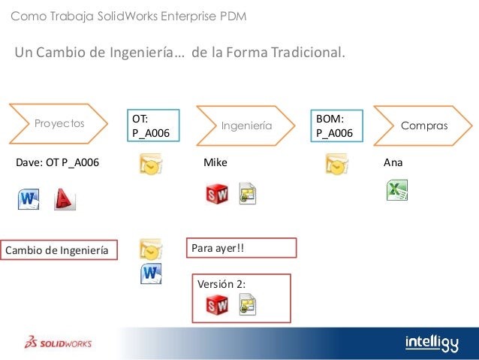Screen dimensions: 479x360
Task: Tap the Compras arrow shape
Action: coord(422,124)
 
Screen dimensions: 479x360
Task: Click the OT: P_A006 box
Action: coord(152,126)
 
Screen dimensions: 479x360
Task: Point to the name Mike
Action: coord(215,162)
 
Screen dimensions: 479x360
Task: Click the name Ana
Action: coord(392,162)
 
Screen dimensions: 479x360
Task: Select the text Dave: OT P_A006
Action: coord(58,162)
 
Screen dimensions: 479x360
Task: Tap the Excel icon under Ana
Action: coord(397,191)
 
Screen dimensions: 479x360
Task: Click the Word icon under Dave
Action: coord(29,199)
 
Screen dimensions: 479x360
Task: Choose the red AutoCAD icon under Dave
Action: coord(65,199)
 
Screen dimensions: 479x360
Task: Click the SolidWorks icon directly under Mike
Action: coord(218,193)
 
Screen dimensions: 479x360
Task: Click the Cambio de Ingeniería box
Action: coord(61,250)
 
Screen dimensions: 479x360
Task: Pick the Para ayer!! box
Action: coord(241,247)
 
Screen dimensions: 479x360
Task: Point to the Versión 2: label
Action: coord(221,283)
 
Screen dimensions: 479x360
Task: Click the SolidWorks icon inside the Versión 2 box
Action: coord(217,304)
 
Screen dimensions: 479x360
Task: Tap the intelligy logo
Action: coord(431,342)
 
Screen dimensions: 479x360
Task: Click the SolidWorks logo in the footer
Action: coord(58,343)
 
